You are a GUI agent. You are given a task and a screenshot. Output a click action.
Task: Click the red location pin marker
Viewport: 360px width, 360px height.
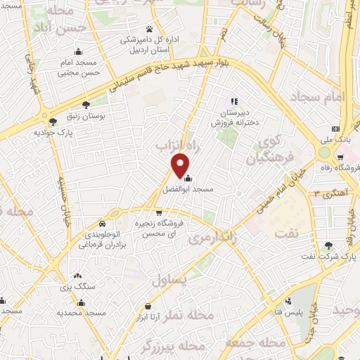click(x=181, y=165)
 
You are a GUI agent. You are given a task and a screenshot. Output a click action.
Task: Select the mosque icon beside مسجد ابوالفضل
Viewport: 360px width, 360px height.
click(x=186, y=177)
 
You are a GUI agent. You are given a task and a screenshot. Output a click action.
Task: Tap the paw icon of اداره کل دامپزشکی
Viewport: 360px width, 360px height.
click(x=150, y=29)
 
